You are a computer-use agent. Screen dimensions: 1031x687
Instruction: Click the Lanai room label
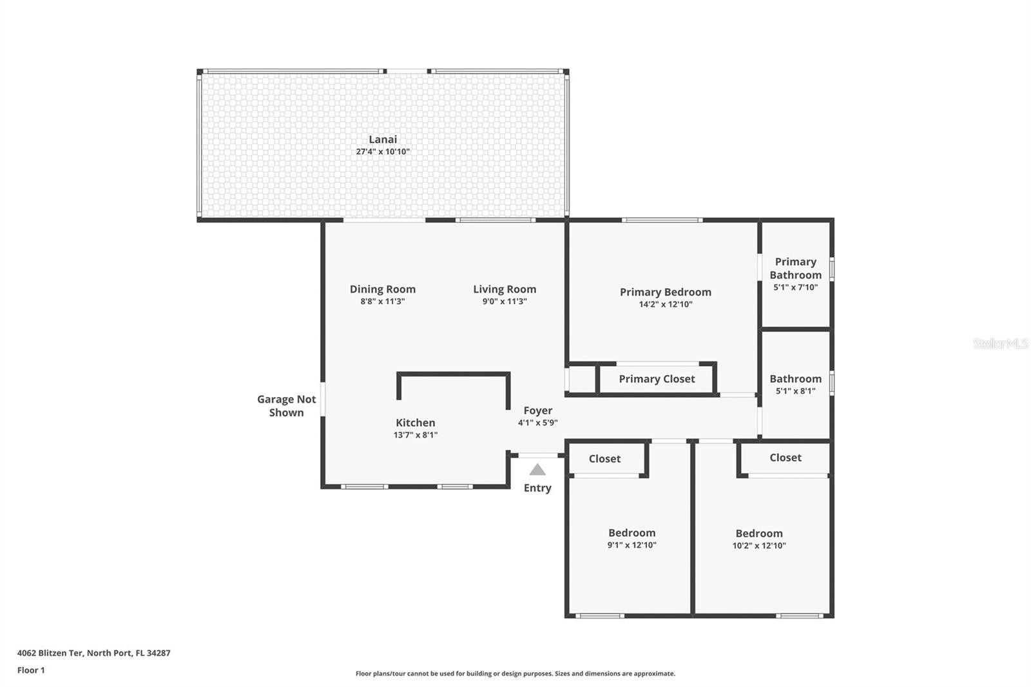(x=383, y=139)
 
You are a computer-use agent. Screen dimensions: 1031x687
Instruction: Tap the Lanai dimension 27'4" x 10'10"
(x=383, y=151)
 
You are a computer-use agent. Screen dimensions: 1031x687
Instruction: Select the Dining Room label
(x=383, y=289)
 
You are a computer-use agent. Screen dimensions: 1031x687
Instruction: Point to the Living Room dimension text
(x=505, y=302)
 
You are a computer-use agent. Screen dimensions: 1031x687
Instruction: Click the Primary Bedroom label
(x=666, y=292)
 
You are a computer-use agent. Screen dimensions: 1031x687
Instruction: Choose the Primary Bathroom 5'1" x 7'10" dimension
(x=795, y=287)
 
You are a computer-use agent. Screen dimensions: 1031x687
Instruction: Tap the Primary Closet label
(x=657, y=379)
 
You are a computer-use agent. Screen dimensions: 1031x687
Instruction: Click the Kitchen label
(x=415, y=423)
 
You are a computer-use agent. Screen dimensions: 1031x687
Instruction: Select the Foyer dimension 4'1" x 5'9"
(x=537, y=423)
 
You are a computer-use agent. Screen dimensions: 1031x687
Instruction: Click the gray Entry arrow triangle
(x=537, y=470)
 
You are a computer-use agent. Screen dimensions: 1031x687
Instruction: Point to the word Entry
(x=537, y=488)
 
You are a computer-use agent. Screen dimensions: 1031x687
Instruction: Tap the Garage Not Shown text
(x=286, y=406)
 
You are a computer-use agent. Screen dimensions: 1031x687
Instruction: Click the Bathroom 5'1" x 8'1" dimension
(x=795, y=391)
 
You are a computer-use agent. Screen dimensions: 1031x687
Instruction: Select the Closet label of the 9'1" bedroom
(x=604, y=459)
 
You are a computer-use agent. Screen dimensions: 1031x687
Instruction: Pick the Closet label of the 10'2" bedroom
(x=785, y=458)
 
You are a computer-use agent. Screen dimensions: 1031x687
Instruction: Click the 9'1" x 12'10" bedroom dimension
(x=631, y=545)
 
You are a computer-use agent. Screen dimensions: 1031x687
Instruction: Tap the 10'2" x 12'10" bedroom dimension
(x=759, y=546)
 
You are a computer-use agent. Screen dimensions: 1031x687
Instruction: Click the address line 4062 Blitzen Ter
(x=94, y=653)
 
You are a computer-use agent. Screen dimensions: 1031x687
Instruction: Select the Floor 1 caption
(x=31, y=670)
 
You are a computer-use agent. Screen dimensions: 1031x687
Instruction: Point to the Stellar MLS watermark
(x=1001, y=343)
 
